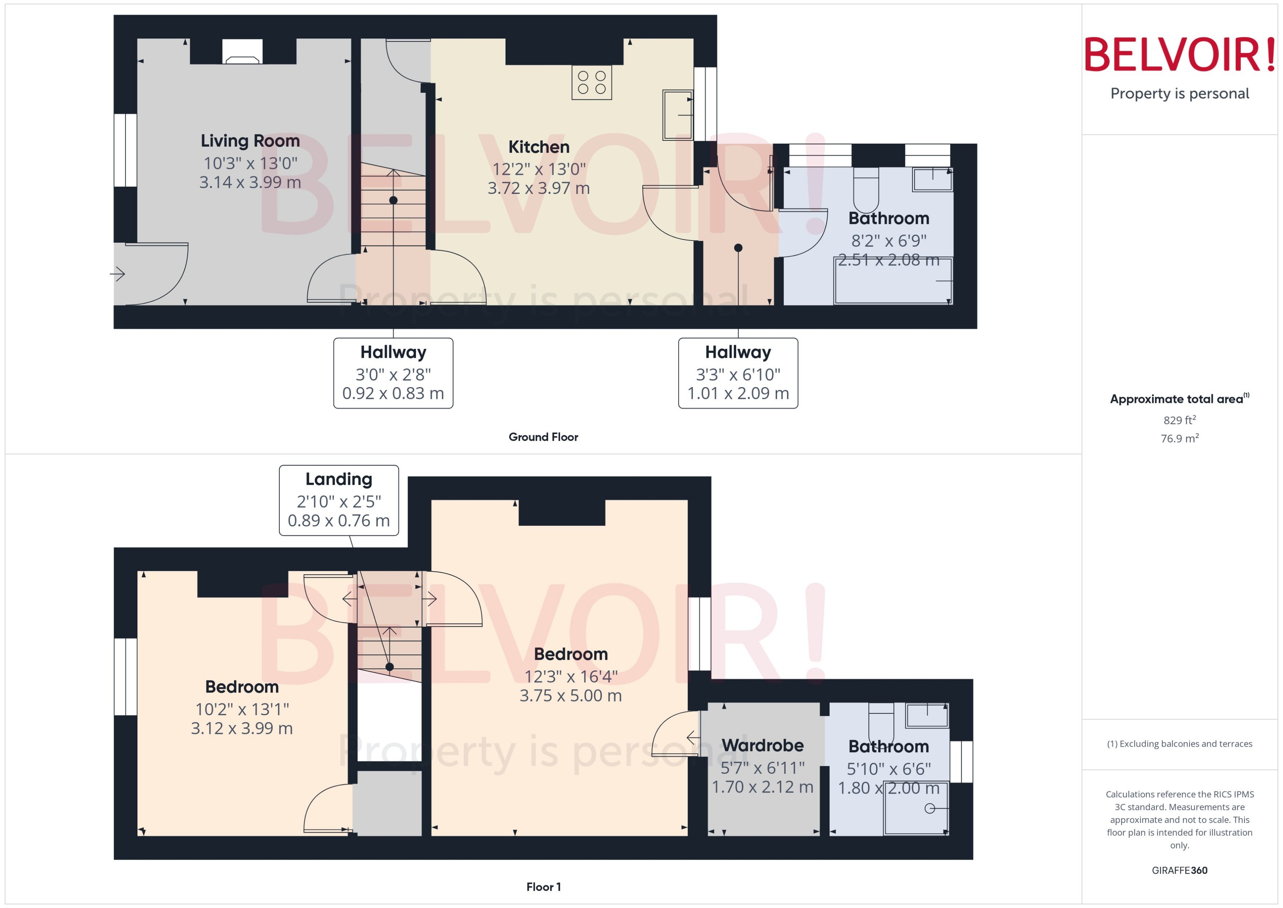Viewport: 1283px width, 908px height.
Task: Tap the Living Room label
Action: (250, 140)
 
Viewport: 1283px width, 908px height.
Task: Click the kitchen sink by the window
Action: (677, 115)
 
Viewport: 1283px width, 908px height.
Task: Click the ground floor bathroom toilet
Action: (866, 190)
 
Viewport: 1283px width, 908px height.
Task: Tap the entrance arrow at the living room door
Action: (117, 274)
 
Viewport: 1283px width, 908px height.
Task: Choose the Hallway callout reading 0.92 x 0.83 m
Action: (393, 373)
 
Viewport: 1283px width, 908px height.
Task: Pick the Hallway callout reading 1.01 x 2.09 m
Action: (738, 373)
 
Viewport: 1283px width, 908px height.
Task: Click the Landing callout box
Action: (339, 500)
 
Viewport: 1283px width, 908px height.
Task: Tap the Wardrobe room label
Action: (762, 745)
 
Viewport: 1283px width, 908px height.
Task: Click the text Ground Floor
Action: (543, 437)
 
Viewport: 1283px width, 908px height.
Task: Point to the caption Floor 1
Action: (543, 887)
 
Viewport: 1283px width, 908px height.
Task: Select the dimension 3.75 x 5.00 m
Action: (570, 695)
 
